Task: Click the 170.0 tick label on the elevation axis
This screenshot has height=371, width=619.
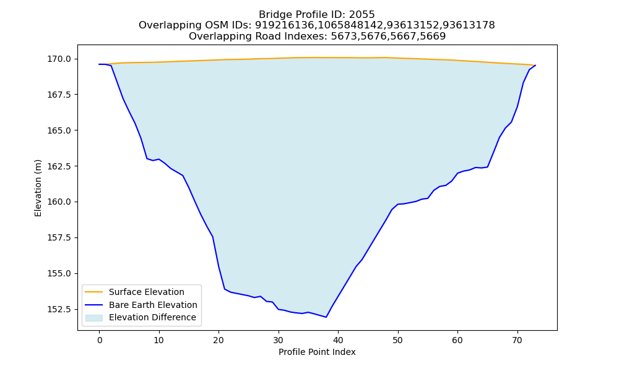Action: [x=60, y=59]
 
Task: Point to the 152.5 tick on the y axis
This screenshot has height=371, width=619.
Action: [x=60, y=310]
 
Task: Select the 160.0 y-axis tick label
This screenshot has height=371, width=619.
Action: [x=60, y=202]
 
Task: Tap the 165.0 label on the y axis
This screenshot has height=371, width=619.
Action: [x=60, y=130]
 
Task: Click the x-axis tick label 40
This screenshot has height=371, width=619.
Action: [x=338, y=340]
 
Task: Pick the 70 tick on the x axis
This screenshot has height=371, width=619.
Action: [x=517, y=340]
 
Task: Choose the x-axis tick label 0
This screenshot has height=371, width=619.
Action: [x=100, y=340]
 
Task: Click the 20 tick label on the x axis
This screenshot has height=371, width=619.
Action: [x=219, y=340]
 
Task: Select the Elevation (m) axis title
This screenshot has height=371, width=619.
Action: [x=38, y=188]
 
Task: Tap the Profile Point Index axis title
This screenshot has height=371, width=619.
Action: [x=317, y=352]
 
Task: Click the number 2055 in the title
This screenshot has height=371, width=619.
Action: [x=361, y=15]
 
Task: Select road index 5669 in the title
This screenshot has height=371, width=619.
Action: [x=433, y=36]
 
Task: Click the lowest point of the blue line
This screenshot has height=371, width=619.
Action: [x=326, y=317]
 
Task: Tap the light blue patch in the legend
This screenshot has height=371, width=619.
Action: [x=94, y=318]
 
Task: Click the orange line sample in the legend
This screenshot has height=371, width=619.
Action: [x=94, y=292]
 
